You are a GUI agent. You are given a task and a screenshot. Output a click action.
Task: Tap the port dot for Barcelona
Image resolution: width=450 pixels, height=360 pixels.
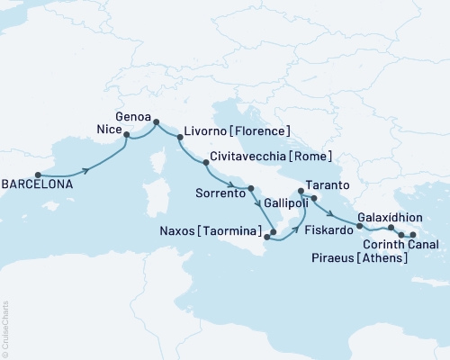click(x=38, y=175)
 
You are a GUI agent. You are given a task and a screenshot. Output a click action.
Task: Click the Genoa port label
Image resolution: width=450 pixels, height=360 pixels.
click(x=134, y=116)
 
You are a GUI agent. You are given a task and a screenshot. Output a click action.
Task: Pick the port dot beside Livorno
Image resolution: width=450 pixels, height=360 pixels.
click(x=180, y=138)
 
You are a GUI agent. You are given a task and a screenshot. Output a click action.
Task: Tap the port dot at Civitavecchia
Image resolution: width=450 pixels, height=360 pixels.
click(x=207, y=163)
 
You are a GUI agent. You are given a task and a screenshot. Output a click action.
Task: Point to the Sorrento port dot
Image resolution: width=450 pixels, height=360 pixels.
click(x=251, y=187)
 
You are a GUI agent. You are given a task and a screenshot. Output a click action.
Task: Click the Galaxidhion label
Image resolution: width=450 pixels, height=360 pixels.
click(x=389, y=217)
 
